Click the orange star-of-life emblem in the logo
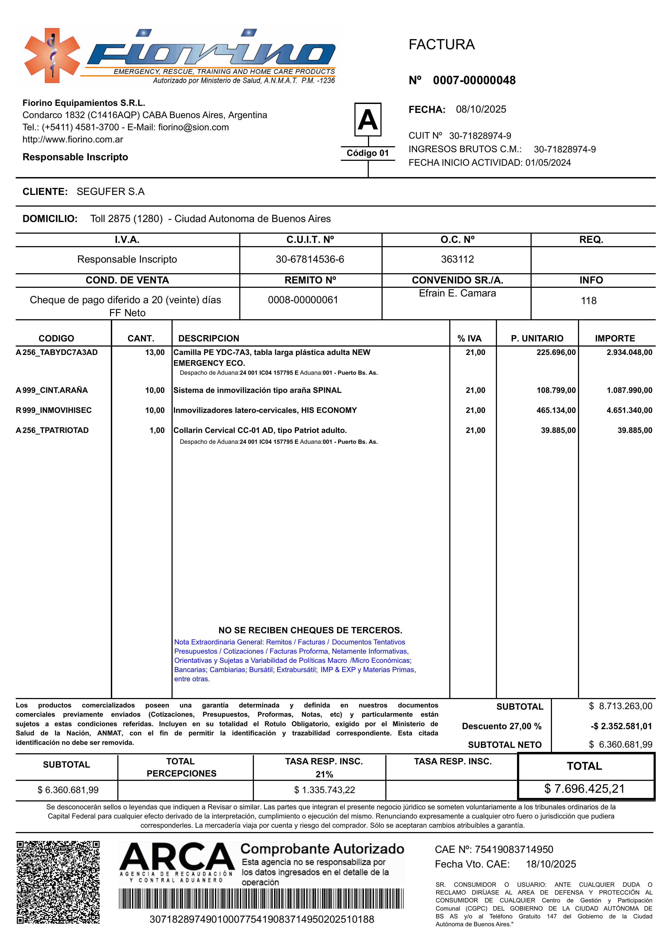click(52, 56)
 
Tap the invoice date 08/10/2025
click(481, 110)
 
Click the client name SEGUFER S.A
click(111, 192)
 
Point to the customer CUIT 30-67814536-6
click(310, 259)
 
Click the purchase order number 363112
click(457, 259)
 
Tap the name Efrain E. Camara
click(457, 293)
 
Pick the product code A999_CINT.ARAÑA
click(52, 390)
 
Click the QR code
click(58, 882)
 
